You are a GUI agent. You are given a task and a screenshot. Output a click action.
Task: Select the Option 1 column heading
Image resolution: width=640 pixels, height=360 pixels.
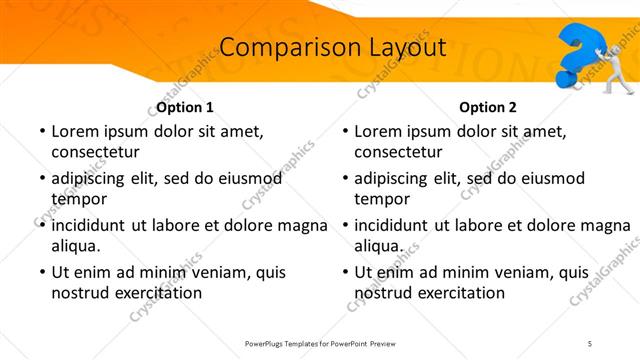coord(185,107)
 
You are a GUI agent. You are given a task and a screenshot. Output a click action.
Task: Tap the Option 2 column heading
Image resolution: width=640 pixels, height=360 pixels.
coord(488,107)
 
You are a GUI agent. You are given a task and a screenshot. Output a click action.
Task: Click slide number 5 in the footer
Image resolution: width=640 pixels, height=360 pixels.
coord(590,343)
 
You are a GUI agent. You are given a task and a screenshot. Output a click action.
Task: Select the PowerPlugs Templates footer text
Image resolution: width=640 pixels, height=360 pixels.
coord(321,343)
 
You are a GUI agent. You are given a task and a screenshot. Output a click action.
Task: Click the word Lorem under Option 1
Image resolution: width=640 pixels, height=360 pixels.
coord(74,131)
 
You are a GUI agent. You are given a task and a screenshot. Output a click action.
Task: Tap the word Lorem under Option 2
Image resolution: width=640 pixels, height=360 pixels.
coord(377,131)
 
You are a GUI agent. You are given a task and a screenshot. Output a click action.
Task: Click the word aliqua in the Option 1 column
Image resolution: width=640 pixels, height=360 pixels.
coord(76,245)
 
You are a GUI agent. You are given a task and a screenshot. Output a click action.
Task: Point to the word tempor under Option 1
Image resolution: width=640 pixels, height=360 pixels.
coord(76,198)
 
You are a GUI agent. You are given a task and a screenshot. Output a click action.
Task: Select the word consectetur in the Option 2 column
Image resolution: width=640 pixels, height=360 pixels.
coord(397,151)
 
